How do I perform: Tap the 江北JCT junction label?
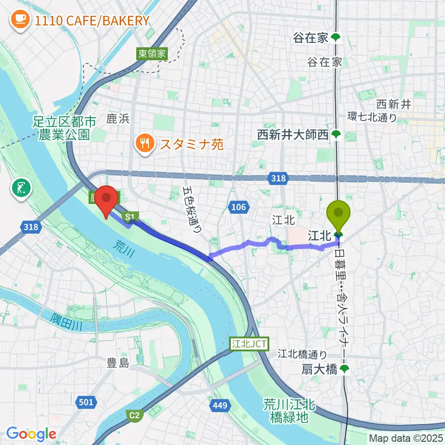click(248, 344)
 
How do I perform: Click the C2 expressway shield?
click(134, 416)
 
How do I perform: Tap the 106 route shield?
click(239, 207)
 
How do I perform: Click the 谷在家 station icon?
click(336, 38)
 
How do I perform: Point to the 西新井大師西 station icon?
click(336, 135)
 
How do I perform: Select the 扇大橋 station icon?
click(344, 369)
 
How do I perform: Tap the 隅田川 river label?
click(67, 321)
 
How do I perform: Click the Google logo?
click(31, 434)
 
